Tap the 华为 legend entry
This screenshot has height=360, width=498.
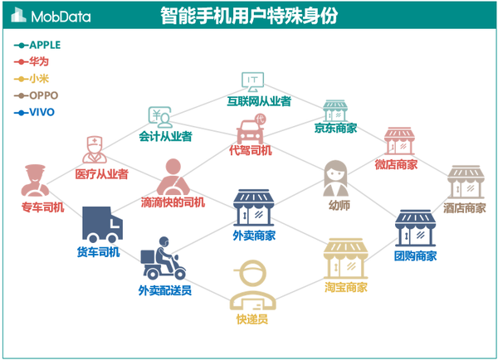point(38,61)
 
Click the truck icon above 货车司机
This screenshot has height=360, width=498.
point(101,224)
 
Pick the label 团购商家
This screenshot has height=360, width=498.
point(415,255)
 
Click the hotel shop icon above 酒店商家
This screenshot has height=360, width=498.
point(465,182)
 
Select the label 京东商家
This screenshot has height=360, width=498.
point(335,129)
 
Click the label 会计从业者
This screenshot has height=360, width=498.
point(166,136)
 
